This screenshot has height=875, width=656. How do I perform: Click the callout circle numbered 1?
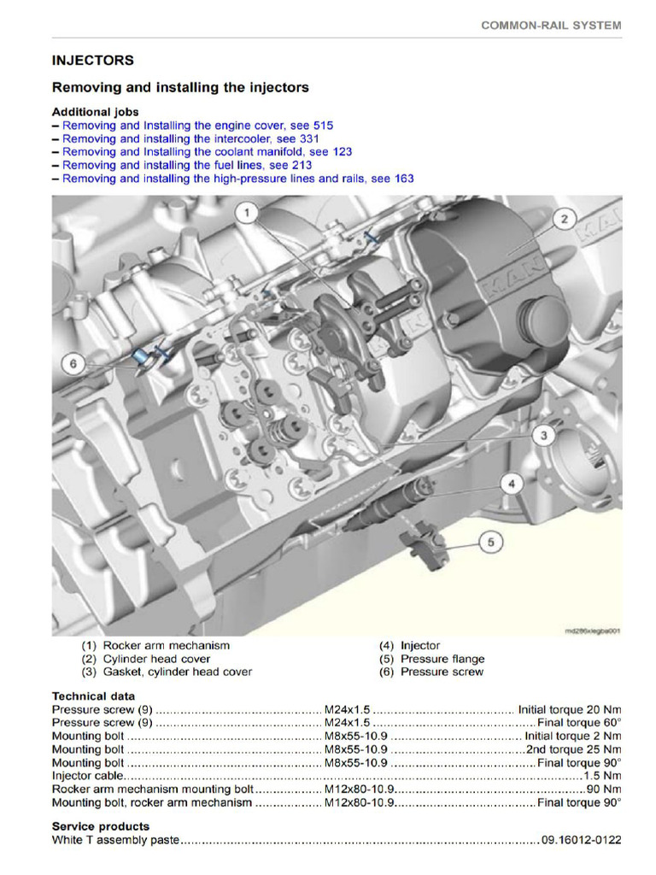(247, 213)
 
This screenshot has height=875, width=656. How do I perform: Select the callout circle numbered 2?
(563, 220)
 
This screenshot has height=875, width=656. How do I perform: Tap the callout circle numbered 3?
(542, 436)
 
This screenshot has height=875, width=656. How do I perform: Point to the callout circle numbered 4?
(510, 484)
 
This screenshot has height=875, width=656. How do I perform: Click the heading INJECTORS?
(92, 61)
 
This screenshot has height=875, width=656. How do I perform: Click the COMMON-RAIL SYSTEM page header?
(551, 26)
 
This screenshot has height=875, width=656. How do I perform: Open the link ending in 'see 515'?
(198, 125)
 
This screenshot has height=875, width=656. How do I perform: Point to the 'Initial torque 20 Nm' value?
(570, 709)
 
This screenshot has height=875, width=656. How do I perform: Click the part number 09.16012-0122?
(581, 841)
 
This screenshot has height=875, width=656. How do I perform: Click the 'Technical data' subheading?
(92, 696)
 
